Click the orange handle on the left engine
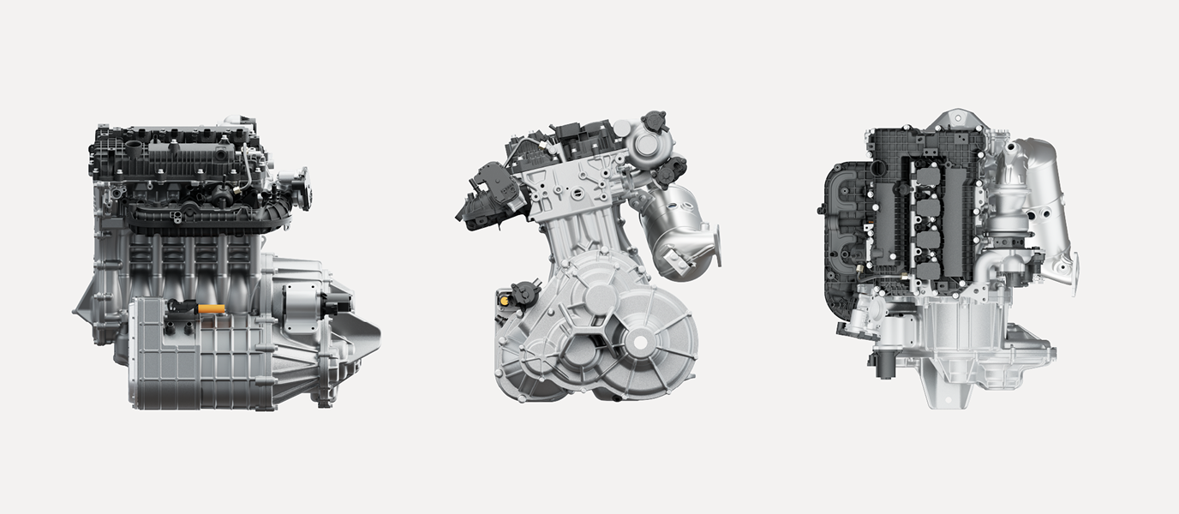[x=212, y=308]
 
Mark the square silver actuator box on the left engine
[x=300, y=307]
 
